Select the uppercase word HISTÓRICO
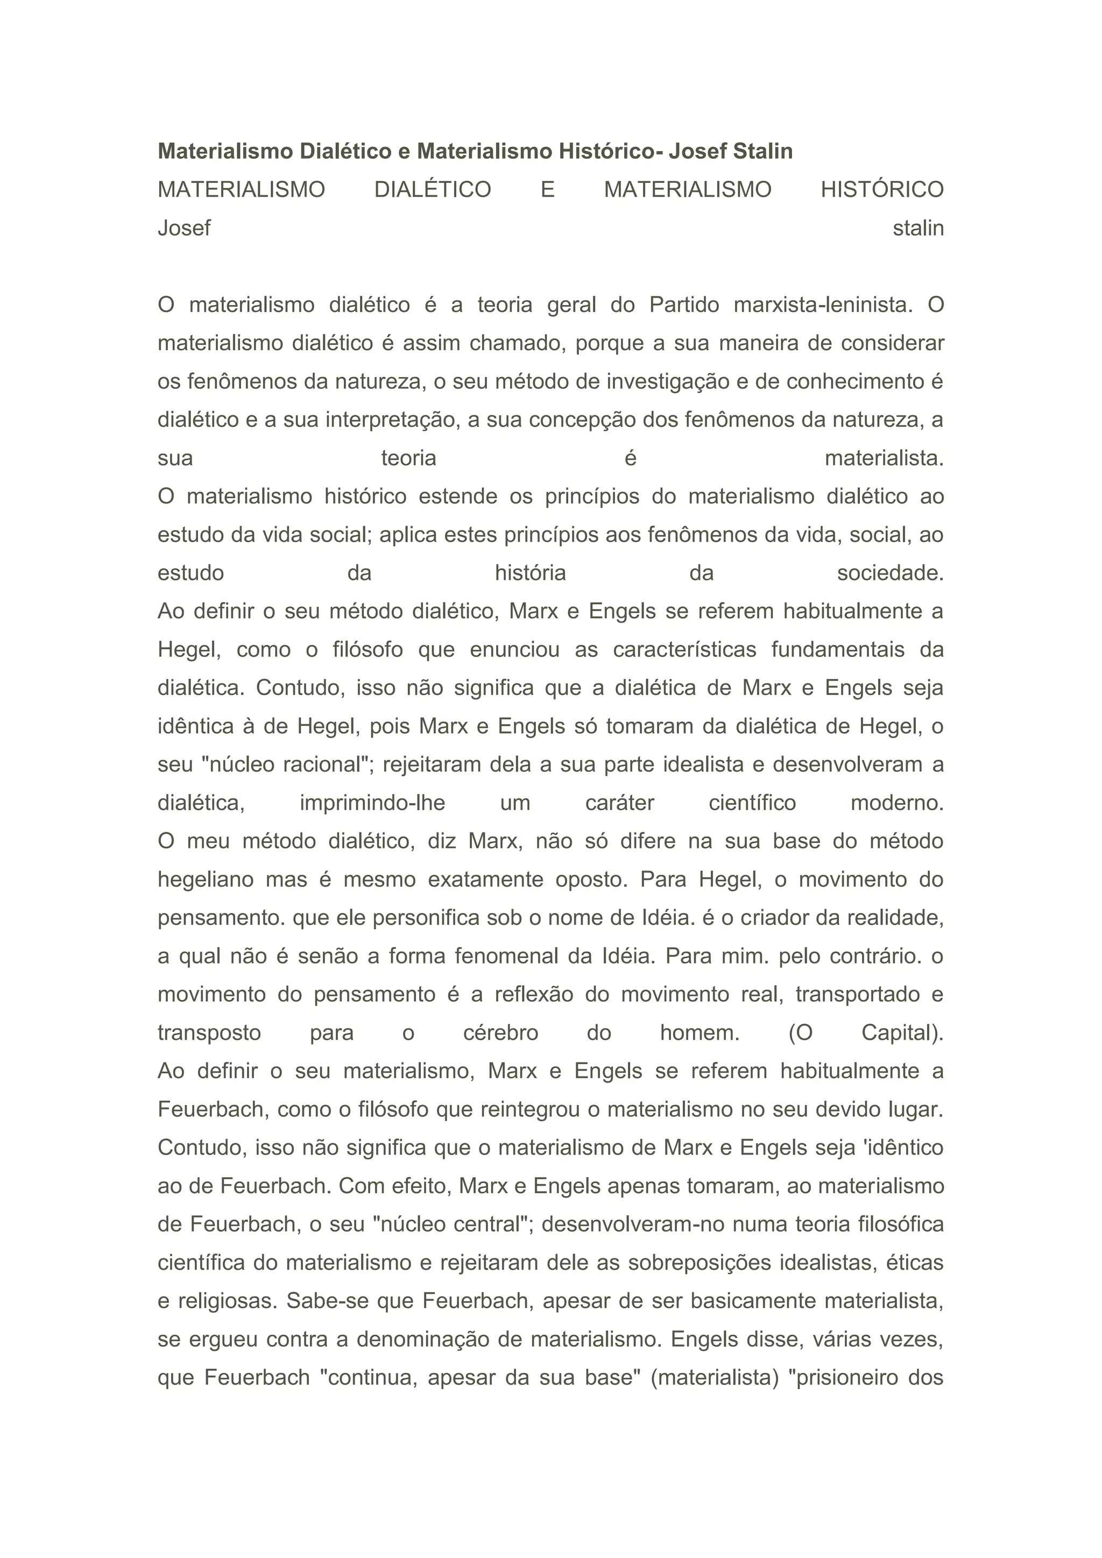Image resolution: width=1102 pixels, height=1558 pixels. point(882,189)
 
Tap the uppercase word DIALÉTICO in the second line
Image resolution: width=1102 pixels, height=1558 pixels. point(432,189)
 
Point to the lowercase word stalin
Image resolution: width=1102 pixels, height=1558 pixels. point(918,228)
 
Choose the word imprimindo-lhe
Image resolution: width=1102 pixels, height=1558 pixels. point(372,803)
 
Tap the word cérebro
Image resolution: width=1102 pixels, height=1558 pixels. point(501,1033)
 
